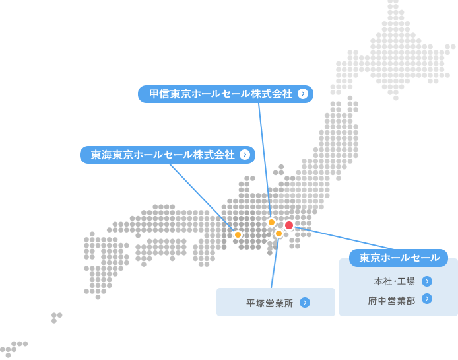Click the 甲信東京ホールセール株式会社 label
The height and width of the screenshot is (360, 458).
220,94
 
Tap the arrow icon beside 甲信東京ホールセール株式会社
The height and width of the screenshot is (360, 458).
303,94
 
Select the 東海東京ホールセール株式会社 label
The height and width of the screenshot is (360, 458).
163,155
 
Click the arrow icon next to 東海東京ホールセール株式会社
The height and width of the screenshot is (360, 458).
245,155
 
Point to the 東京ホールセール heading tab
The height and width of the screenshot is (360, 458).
399,258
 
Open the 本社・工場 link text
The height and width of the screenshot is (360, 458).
395,281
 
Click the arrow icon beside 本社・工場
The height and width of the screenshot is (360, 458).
427,281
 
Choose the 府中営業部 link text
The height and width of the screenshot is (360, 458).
392,300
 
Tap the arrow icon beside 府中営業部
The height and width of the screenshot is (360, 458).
427,299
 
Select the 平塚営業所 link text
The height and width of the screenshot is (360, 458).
269,303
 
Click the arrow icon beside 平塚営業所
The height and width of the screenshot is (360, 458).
304,303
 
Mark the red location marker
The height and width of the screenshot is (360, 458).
289,225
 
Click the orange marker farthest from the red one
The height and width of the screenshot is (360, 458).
238,234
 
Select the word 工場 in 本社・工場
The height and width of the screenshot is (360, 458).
407,281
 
